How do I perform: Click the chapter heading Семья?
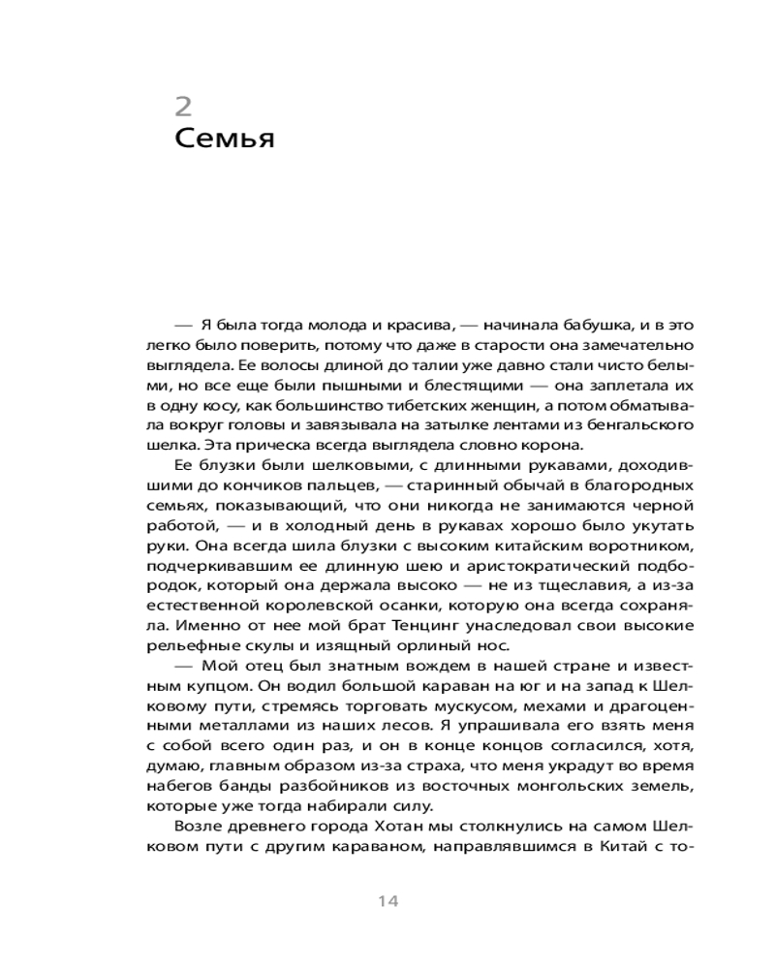225,139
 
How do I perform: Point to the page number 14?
387,901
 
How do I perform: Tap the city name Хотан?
391,825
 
